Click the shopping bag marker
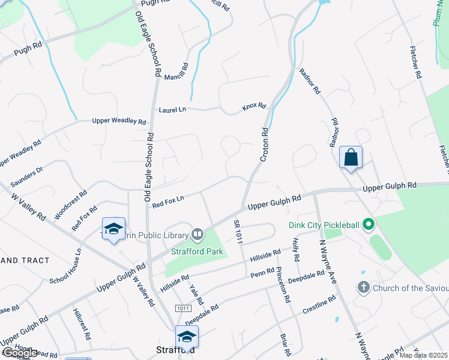click(351, 158)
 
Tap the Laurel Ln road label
click(172, 110)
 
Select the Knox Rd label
click(254, 106)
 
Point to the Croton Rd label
click(264, 144)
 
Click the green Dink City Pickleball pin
click(369, 225)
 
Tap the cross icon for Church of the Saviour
click(363, 287)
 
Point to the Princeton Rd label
click(283, 285)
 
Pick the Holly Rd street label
click(296, 250)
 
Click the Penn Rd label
click(262, 274)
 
